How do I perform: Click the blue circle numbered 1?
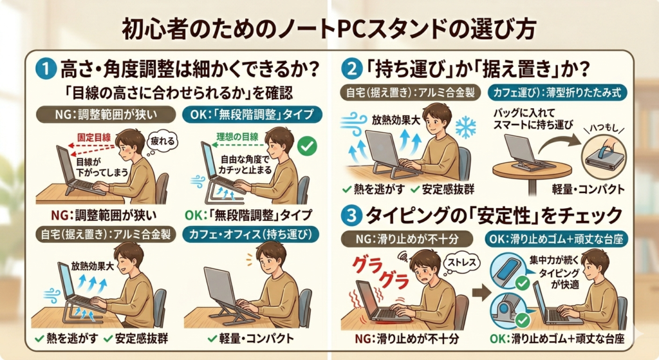46,68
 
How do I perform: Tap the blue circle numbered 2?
351,68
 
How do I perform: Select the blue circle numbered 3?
351,216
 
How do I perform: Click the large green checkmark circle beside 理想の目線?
307,146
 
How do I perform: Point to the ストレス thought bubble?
461,263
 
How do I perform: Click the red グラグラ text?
380,271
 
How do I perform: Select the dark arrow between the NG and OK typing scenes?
481,292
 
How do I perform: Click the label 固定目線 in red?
94,138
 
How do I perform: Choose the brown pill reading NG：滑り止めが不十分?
407,240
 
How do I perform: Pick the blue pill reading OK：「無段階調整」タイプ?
252,115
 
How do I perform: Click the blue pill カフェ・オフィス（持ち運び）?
251,234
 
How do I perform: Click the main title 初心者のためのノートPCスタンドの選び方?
329,29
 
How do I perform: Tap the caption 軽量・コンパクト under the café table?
588,189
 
